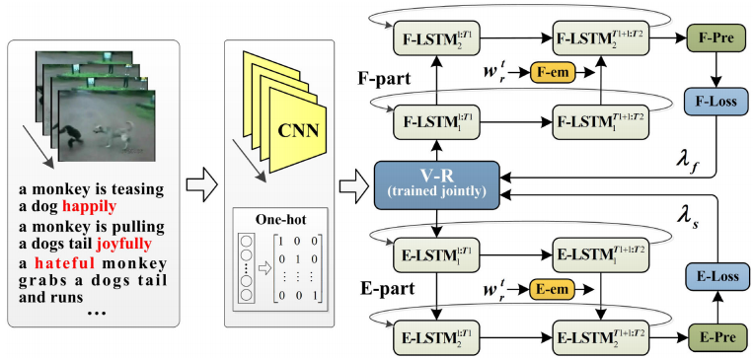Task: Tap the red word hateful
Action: click(66, 263)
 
